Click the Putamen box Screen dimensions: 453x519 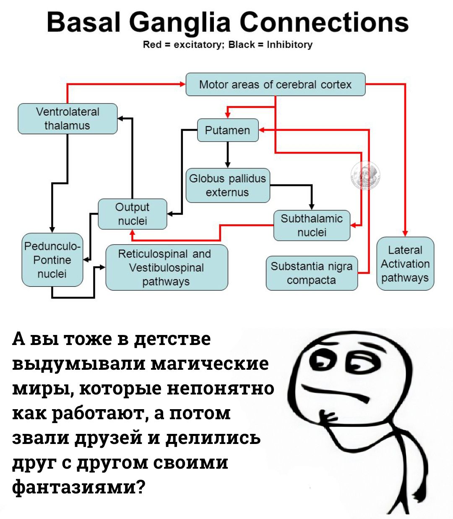pyautogui.click(x=228, y=130)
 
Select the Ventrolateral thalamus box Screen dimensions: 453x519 pyautogui.click(x=68, y=119)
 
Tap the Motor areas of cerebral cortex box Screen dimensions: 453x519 pyautogui.click(x=276, y=84)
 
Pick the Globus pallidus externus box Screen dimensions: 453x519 pyautogui.click(x=228, y=185)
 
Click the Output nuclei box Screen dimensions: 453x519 pyautogui.click(x=133, y=214)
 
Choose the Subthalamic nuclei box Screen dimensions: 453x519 pyautogui.click(x=312, y=225)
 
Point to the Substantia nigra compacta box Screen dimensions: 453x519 pyautogui.click(x=312, y=273)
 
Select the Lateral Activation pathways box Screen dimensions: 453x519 pyautogui.click(x=405, y=264)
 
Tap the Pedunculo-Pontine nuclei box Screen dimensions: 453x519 pyautogui.click(x=52, y=260)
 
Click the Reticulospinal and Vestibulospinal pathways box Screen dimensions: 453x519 pyautogui.click(x=167, y=267)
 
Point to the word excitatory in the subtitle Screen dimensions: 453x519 pyautogui.click(x=197, y=44)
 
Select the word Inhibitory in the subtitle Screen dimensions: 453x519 pyautogui.click(x=289, y=44)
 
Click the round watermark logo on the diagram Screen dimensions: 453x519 pyautogui.click(x=365, y=175)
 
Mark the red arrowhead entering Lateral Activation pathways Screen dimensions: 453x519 pyautogui.click(x=405, y=233)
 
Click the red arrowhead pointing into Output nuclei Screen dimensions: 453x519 pyautogui.click(x=132, y=233)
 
